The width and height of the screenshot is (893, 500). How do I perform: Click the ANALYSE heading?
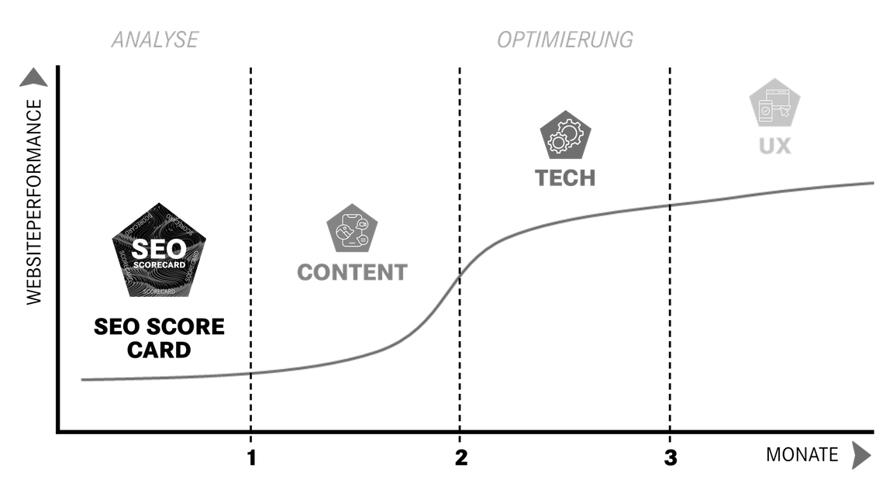[154, 40]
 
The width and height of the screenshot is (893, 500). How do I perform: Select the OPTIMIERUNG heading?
[564, 40]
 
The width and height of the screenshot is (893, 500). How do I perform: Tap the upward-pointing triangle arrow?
[33, 78]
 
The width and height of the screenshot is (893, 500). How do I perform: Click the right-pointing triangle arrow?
[860, 455]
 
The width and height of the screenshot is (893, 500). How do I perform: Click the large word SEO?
[159, 249]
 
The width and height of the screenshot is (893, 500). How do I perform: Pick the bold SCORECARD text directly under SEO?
[159, 265]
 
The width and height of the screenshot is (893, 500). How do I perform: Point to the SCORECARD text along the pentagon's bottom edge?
[160, 291]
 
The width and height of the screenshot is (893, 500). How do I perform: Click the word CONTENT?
[352, 272]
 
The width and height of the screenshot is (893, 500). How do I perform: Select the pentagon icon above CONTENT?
[352, 229]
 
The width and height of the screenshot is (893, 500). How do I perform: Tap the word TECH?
[566, 178]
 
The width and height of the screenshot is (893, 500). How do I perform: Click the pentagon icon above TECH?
[566, 136]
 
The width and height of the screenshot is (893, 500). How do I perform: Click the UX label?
[774, 146]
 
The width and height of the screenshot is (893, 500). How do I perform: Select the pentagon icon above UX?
[774, 103]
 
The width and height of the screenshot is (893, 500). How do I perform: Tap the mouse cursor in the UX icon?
[784, 113]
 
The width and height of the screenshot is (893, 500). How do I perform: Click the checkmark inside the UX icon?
[765, 111]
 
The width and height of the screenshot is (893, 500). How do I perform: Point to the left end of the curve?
[81, 380]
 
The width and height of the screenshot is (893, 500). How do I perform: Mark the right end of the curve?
[874, 183]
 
